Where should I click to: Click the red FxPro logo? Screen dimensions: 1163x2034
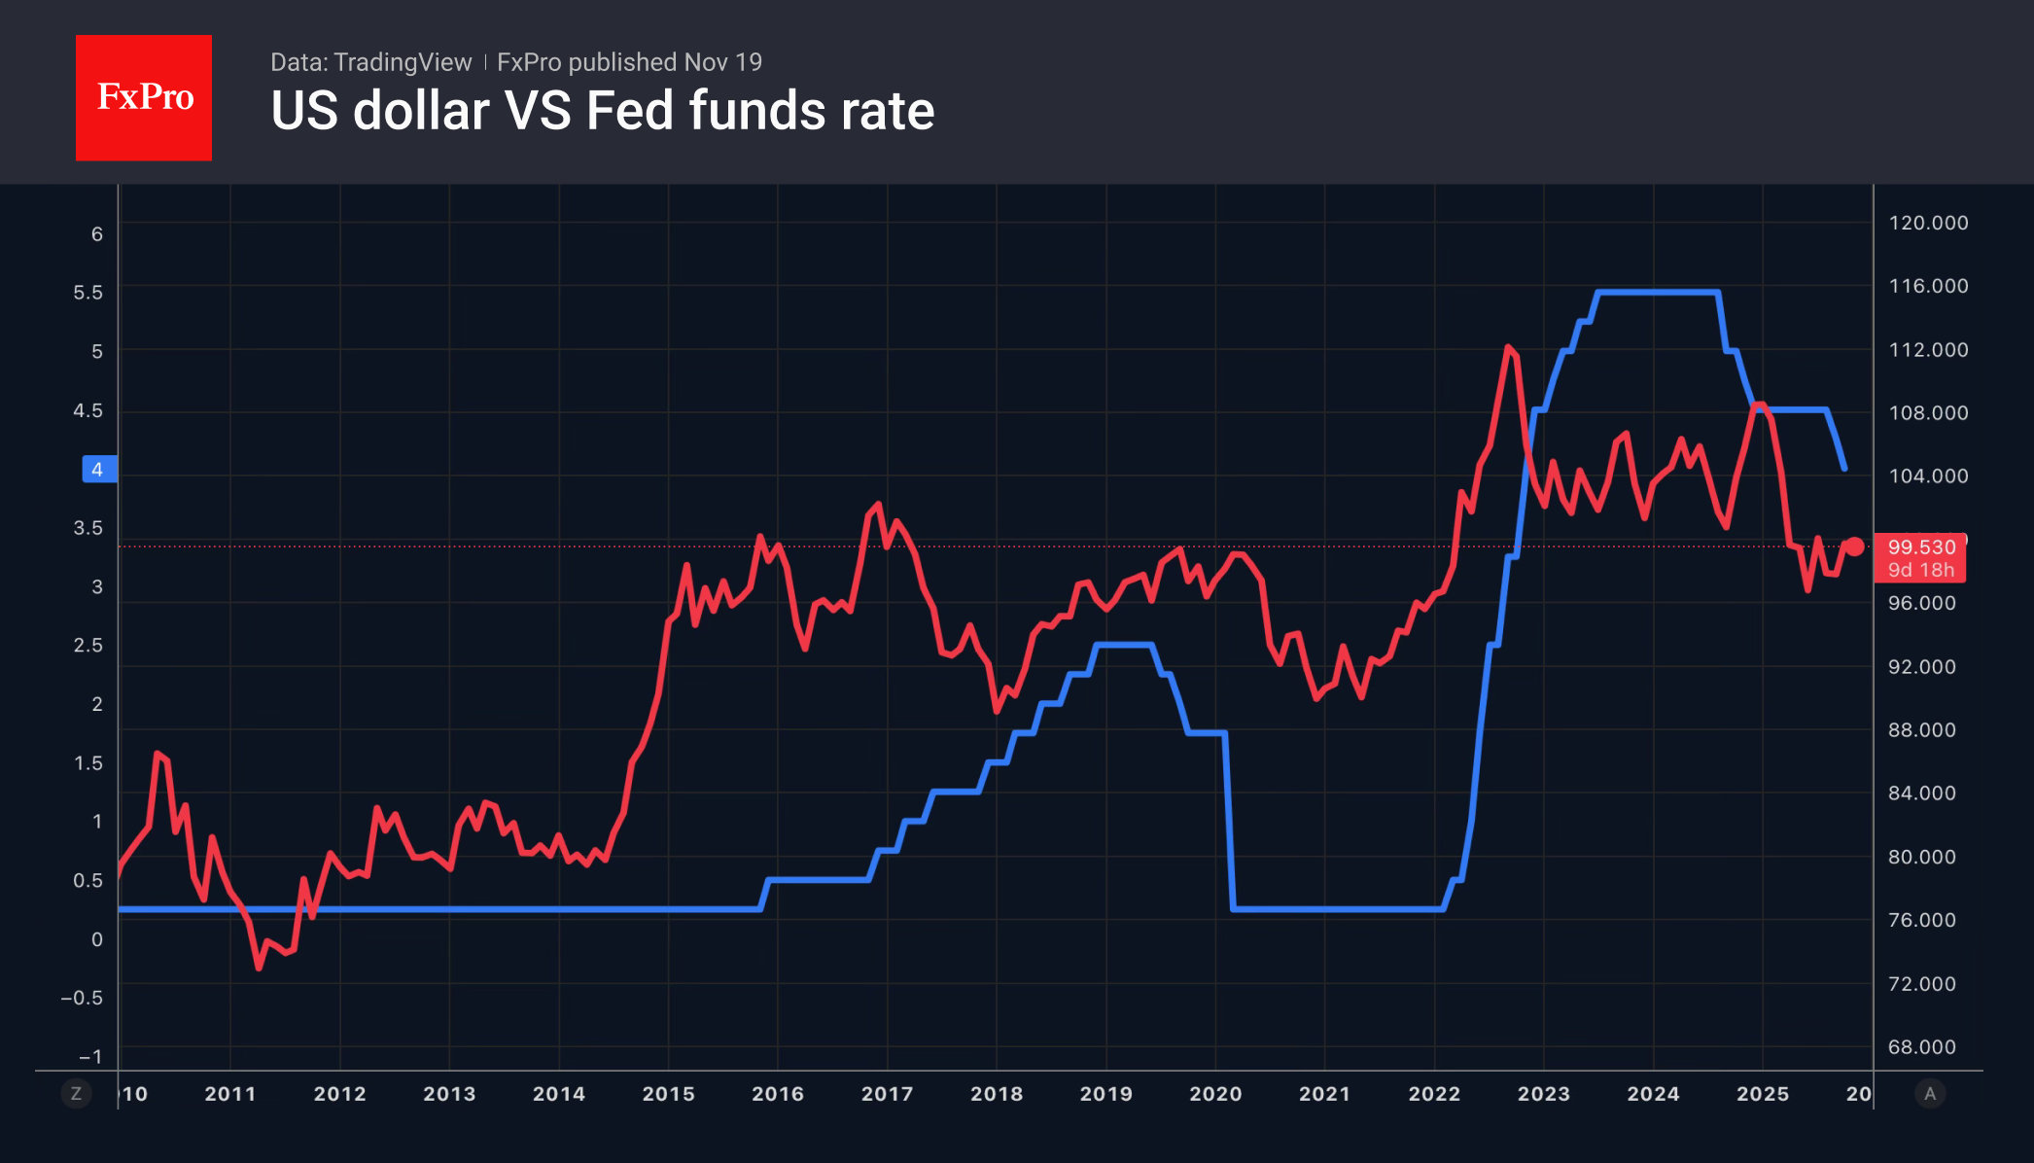tap(144, 97)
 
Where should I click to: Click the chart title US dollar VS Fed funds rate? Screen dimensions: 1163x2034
tap(602, 111)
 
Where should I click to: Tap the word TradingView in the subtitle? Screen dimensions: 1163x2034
tap(402, 62)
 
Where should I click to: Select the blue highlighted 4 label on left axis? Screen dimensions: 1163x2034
tap(98, 470)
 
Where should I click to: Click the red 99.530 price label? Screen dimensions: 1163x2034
tap(1920, 547)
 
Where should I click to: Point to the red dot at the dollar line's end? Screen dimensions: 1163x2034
tap(1855, 546)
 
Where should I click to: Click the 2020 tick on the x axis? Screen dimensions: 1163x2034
tap(1215, 1094)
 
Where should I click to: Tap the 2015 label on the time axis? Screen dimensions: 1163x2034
tap(668, 1094)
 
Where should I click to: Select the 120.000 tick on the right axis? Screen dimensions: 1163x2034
tap(1927, 223)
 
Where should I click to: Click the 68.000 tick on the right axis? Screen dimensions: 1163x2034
tap(1921, 1047)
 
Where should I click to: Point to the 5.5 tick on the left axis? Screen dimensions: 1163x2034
tap(88, 293)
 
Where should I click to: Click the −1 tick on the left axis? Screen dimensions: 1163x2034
tap(89, 1057)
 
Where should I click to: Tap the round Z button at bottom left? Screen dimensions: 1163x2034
tap(76, 1094)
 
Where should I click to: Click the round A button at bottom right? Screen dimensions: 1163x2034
tap(1930, 1094)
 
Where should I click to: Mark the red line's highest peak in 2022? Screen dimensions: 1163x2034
tap(1508, 346)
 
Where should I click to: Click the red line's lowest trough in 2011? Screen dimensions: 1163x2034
tap(259, 968)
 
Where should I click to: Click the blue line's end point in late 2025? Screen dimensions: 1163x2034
tap(1843, 469)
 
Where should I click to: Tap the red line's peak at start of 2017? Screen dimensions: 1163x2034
tap(878, 504)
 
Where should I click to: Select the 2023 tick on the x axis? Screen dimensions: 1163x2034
tap(1544, 1094)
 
